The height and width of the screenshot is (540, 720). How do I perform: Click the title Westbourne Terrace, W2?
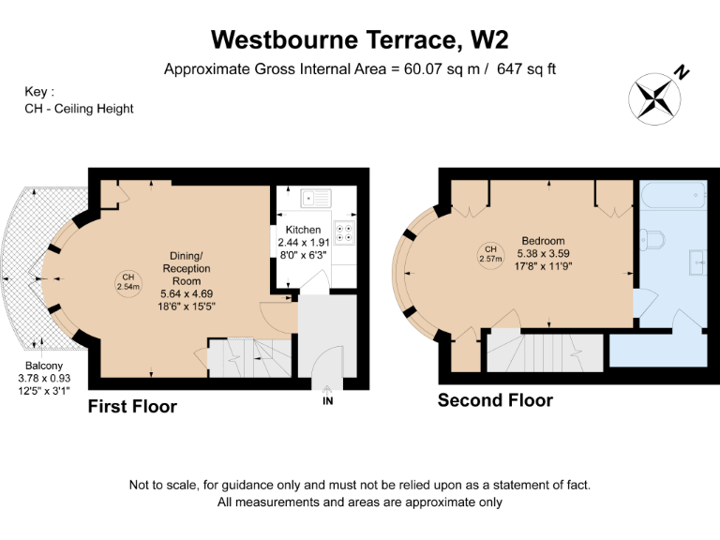[360, 39]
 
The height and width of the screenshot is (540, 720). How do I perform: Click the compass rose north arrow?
[656, 97]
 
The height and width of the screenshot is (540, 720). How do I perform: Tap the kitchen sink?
[312, 198]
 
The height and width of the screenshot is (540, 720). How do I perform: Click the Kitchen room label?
[304, 230]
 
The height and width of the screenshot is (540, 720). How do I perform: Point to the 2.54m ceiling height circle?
[127, 278]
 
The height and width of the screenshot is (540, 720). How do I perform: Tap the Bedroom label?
[543, 241]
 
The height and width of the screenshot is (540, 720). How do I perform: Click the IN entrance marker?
[327, 401]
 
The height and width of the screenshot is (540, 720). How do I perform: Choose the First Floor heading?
[132, 407]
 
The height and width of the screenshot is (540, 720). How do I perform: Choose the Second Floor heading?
[495, 401]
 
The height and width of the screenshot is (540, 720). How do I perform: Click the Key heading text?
[39, 92]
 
